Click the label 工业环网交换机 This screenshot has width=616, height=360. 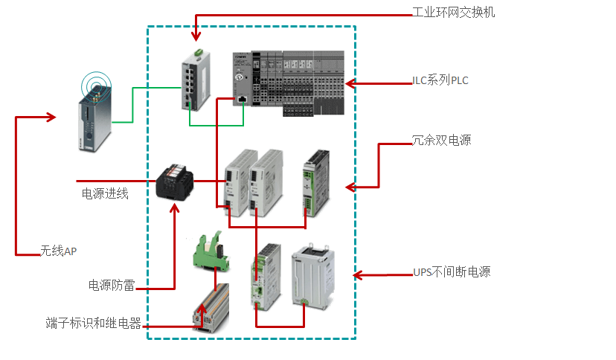453,13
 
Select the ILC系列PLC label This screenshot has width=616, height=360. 440,80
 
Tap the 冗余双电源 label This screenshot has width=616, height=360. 441,140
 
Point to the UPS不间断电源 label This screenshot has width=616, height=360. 452,272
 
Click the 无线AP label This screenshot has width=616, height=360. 59,251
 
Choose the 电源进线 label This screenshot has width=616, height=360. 105,194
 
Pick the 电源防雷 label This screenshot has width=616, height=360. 112,285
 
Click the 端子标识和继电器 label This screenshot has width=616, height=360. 93,324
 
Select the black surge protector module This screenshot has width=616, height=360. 176,181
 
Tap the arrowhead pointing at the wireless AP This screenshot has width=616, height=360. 51,117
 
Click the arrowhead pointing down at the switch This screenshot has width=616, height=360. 196,36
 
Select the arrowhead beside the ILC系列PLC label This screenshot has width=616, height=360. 350,82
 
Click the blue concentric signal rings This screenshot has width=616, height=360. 94,82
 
